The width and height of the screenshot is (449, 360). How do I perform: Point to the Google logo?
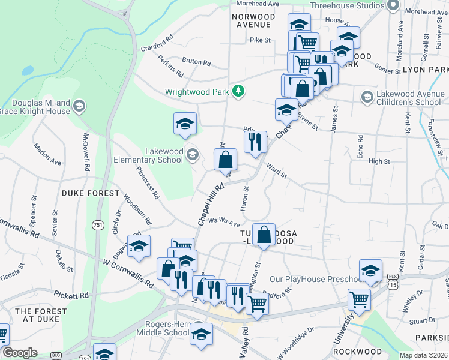click(x=19, y=353)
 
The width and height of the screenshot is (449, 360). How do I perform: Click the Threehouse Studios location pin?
click(x=393, y=5)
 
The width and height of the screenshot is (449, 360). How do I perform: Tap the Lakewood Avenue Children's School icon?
click(x=367, y=97)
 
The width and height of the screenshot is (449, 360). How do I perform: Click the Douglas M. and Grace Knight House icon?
click(x=79, y=107)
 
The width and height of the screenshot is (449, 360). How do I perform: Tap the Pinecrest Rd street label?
click(x=148, y=183)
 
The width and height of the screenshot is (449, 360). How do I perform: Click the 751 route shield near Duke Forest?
click(x=97, y=224)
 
